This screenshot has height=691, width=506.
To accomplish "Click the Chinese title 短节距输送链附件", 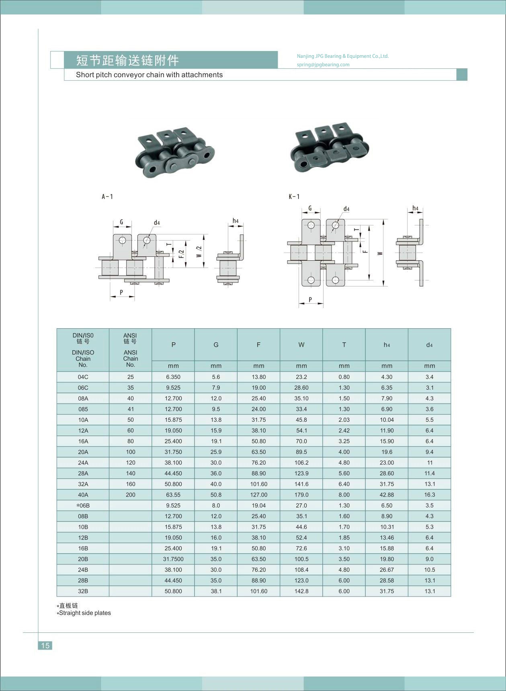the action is [x=127, y=60].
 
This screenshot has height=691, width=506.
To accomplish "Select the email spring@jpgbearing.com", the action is [x=323, y=65].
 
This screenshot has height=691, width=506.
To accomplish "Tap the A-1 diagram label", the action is [x=107, y=197].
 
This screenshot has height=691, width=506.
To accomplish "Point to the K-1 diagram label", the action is [x=294, y=197].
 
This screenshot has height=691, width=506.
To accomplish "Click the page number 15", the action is [x=45, y=645].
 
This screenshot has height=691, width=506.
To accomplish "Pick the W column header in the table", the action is [x=301, y=345].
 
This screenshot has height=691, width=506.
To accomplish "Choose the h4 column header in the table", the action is [x=387, y=345].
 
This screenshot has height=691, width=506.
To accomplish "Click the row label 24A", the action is [x=83, y=463].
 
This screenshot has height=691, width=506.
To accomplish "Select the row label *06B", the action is [x=83, y=506].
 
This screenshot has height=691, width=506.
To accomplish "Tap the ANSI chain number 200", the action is [x=131, y=495].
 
